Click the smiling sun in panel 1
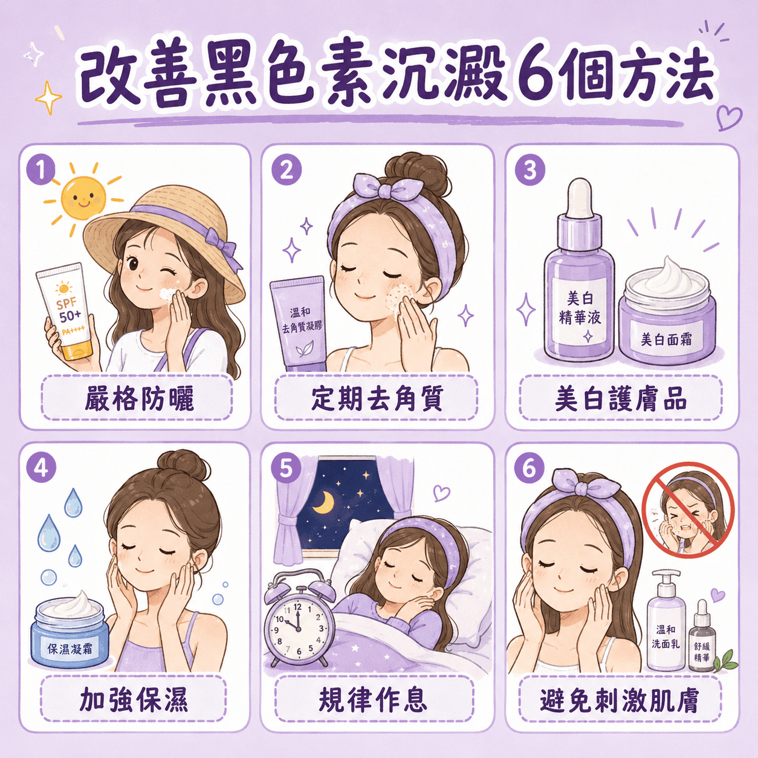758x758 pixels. [83, 198]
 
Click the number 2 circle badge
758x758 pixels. [287, 170]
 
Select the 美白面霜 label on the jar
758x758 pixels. [666, 339]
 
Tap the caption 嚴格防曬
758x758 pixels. [139, 399]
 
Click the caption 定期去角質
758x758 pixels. [377, 399]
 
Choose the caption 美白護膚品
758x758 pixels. [621, 399]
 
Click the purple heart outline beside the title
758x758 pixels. [729, 117]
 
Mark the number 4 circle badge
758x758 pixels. [41, 468]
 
